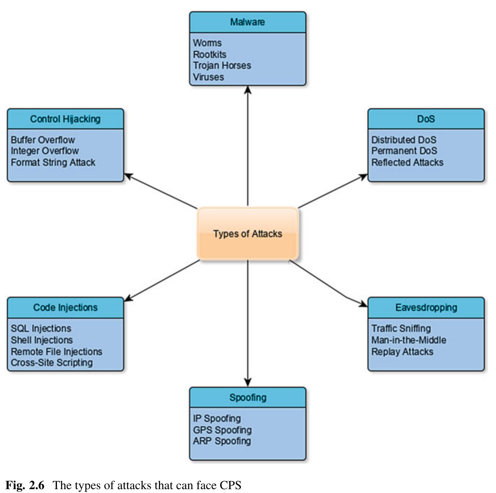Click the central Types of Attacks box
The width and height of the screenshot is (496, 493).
pos(248,234)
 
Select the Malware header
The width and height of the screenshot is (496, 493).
pos(248,22)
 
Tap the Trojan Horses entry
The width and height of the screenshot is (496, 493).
pos(222,65)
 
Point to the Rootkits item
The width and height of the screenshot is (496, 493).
pos(210,54)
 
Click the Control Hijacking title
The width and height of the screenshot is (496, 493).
pos(65,119)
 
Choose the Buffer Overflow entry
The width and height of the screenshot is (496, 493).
pos(43,140)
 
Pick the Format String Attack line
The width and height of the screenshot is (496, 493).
pos(53,162)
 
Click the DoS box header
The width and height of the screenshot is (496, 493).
pos(426,119)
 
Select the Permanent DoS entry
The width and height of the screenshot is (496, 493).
pos(404,151)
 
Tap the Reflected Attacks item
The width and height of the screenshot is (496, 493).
pos(407,162)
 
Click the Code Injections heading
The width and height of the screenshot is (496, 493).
pos(65,307)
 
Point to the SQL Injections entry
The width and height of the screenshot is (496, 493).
pos(41,328)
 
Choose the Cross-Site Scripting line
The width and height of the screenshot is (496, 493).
pos(52,363)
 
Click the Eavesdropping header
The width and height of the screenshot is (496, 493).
pos(426,307)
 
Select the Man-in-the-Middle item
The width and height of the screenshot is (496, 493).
pos(409,340)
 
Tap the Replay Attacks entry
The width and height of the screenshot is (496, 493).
pos(402,351)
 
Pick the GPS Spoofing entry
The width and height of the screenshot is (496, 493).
pos(222,430)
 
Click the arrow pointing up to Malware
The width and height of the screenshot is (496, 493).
pos(248,147)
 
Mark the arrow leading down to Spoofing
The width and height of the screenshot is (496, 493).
pos(248,321)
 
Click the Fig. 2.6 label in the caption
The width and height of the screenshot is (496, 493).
pos(25,485)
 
